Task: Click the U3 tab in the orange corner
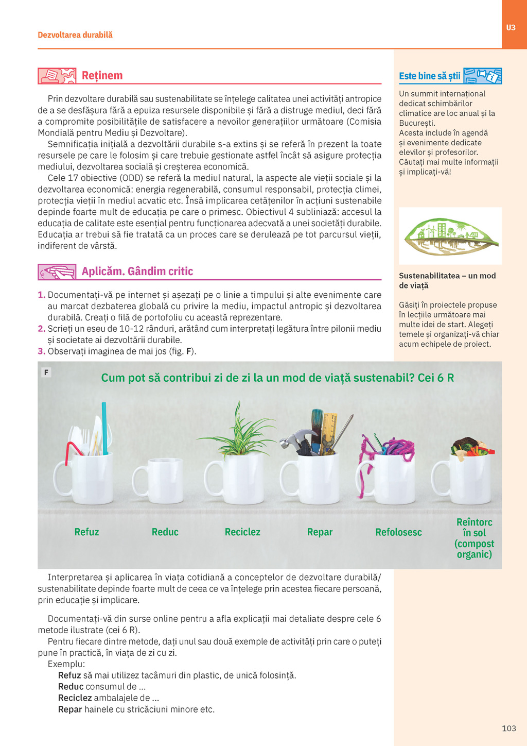[511, 27]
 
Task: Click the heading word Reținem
[102, 76]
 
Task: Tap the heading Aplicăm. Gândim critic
[137, 272]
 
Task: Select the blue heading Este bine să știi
[429, 76]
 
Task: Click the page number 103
[508, 728]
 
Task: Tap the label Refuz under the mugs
[86, 532]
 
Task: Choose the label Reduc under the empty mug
[165, 532]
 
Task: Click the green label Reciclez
[242, 532]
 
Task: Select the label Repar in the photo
[320, 532]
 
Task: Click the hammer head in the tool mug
[291, 438]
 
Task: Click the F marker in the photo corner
[46, 372]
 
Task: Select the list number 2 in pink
[41, 329]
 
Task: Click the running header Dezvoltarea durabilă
[75, 35]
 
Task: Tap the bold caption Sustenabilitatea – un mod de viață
[447, 281]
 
